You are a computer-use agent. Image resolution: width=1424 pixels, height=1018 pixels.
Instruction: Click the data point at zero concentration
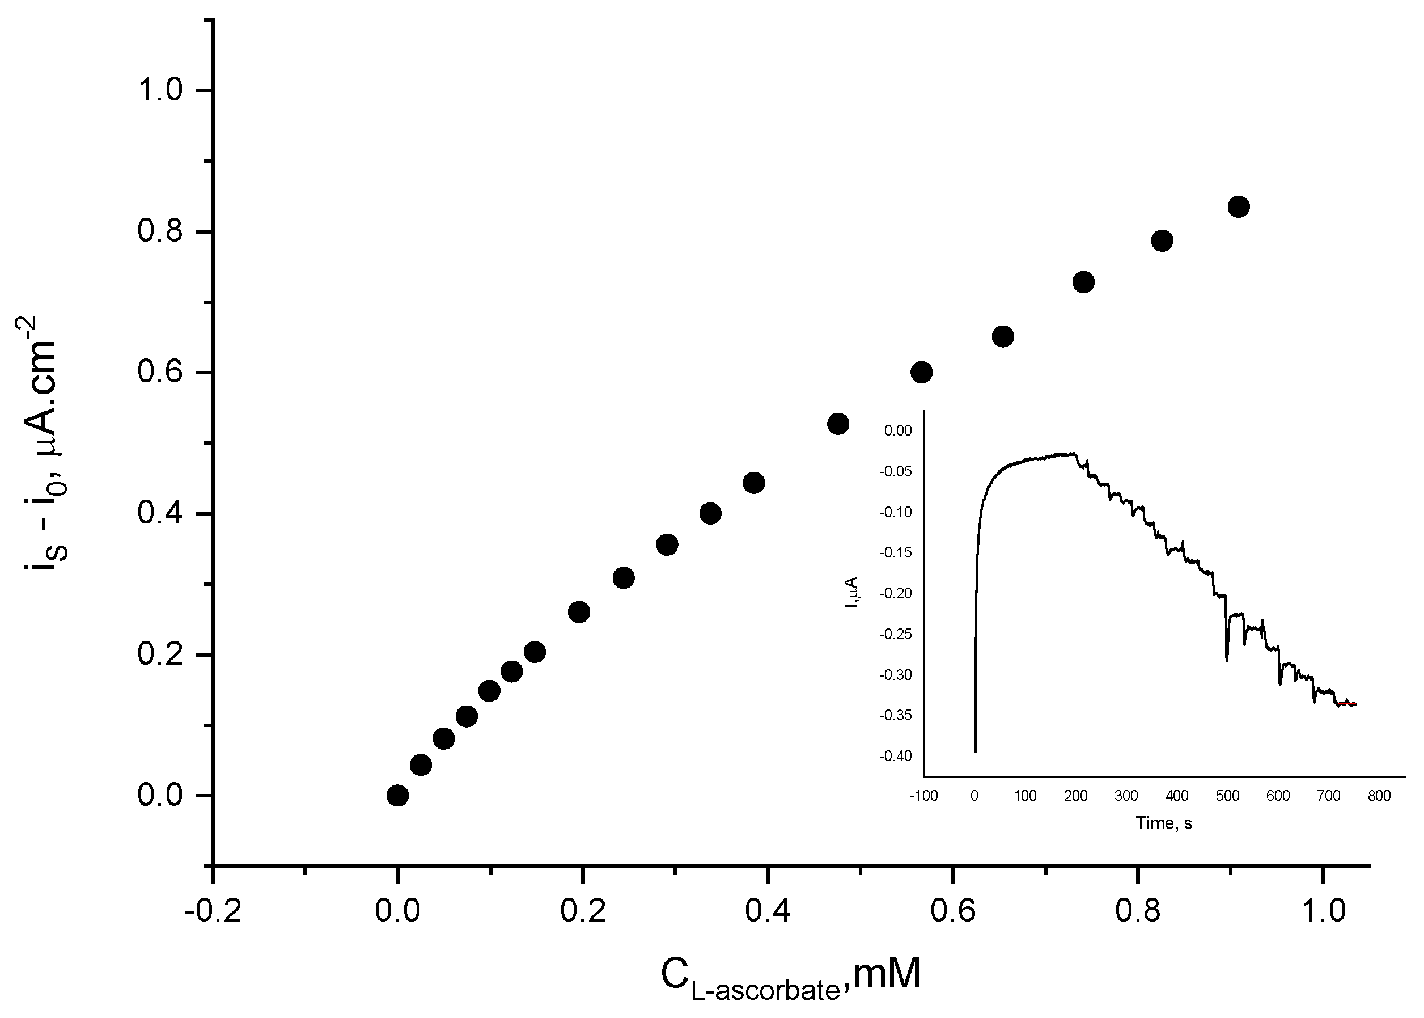(x=397, y=796)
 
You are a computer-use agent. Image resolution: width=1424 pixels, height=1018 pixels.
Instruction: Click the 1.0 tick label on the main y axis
(x=160, y=90)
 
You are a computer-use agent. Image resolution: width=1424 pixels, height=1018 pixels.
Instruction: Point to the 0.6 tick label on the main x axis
(x=952, y=910)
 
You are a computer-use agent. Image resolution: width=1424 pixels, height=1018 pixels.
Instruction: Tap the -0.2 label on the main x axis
(x=213, y=910)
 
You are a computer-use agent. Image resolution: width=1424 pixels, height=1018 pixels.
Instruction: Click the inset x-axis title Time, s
(x=1163, y=823)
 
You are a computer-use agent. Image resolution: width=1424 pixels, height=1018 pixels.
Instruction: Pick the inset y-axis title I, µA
(x=851, y=593)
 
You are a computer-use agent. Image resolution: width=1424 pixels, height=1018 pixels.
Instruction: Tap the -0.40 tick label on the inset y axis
(x=895, y=756)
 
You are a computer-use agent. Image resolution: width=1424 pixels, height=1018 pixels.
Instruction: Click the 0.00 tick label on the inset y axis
(x=898, y=430)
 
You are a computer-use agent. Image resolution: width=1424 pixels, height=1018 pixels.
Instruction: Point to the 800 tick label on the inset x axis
(x=1379, y=796)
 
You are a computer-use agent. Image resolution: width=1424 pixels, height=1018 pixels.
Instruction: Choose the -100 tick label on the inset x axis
(x=924, y=796)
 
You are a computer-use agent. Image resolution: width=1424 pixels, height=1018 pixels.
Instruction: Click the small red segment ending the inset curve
(x=1347, y=704)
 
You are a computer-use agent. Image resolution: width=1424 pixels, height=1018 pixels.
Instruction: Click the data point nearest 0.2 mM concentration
(x=579, y=612)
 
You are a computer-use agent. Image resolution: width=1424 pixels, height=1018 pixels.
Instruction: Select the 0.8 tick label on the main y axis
(x=160, y=231)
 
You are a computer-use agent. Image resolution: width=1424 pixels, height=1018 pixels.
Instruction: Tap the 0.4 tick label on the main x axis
(x=768, y=910)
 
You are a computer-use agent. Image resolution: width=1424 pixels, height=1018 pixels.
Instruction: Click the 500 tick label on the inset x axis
(x=1227, y=796)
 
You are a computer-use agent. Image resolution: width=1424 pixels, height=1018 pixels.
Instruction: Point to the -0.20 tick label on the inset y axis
(x=895, y=594)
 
